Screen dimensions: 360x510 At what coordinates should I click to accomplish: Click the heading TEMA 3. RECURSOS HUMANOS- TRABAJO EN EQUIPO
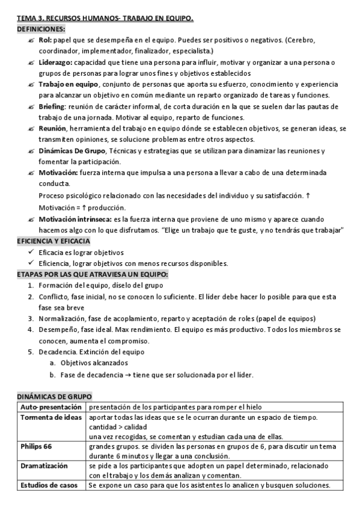105,19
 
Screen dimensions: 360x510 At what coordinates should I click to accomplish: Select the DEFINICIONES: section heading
41,29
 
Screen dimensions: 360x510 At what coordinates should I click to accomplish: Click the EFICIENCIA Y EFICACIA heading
53,241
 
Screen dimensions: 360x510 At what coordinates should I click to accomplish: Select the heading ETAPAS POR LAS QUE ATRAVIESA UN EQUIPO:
93,274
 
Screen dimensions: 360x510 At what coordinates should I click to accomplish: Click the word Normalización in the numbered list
62,318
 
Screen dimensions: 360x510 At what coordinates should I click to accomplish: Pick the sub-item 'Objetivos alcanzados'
94,363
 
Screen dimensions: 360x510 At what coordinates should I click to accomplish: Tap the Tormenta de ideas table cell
49,418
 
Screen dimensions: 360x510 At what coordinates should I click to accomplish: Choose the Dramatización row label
44,466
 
